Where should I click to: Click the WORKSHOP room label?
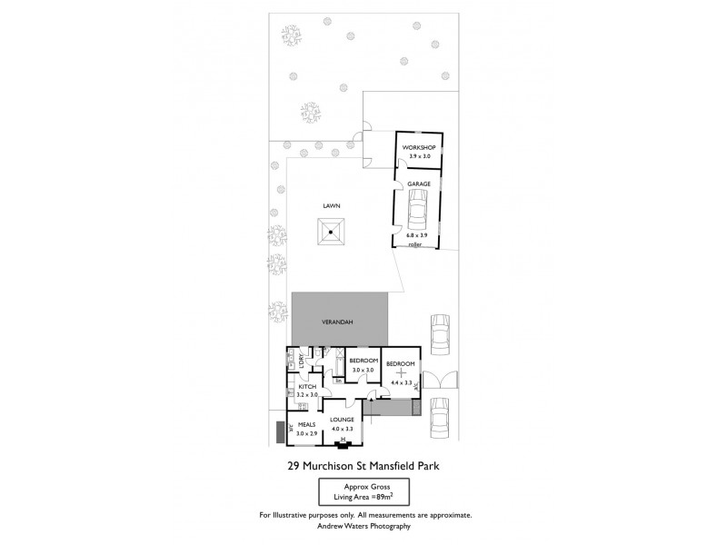419,147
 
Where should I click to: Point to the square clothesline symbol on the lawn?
332,232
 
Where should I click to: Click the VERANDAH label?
337,322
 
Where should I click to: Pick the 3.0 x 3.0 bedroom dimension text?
363,371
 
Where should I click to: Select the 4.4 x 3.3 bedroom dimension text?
400,383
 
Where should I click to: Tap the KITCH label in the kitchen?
307,388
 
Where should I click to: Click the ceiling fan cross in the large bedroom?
401,372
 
